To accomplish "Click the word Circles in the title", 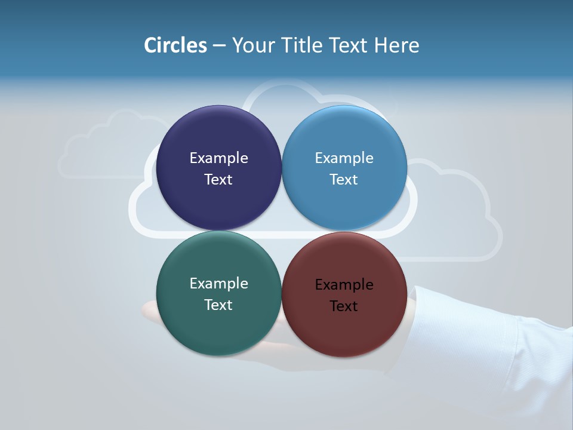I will tap(175, 45).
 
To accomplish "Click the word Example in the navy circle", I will tap(218, 158).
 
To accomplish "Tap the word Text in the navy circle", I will tap(218, 180).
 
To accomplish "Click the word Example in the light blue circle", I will tap(344, 158).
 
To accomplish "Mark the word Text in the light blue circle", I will tap(344, 180).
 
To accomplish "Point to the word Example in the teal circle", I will tap(218, 284).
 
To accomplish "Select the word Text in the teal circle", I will tap(218, 305).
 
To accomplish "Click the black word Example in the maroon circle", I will tap(344, 285).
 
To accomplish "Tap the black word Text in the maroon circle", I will tap(344, 306).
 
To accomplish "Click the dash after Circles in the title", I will tap(219, 46).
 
